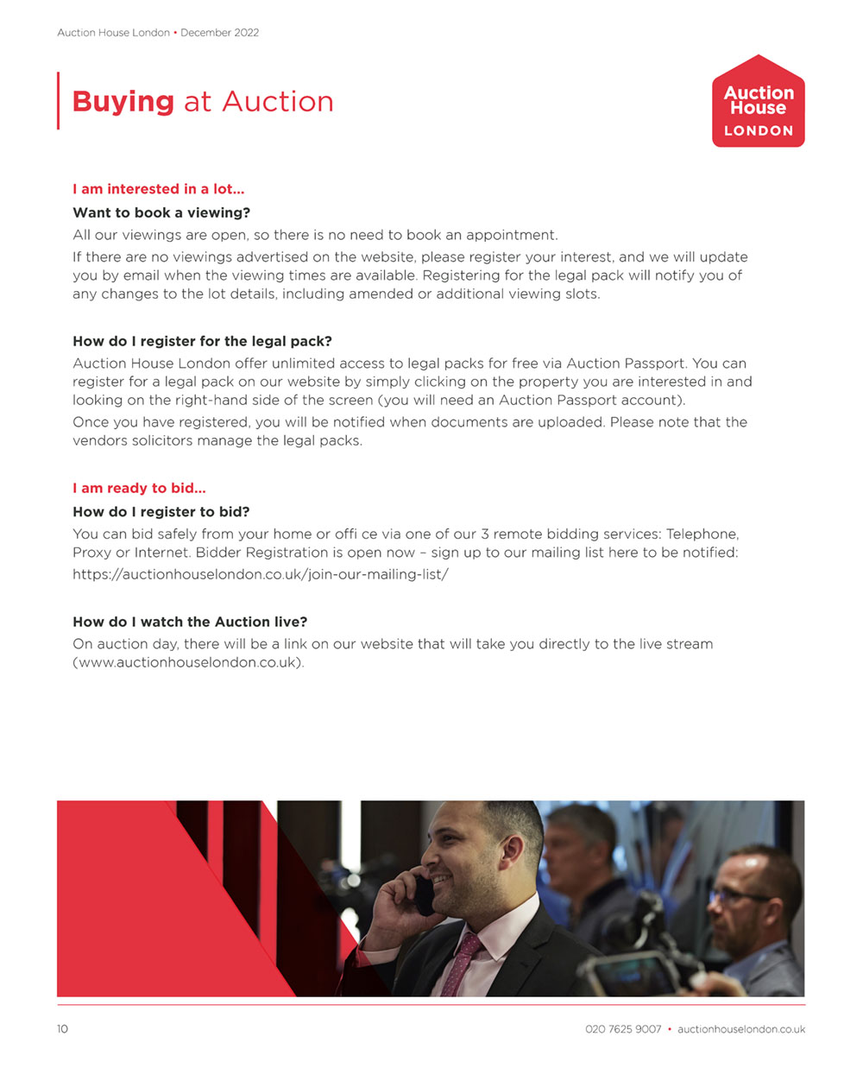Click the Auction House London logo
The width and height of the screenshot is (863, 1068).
coord(758,102)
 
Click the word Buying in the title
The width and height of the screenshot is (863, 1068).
coord(123,102)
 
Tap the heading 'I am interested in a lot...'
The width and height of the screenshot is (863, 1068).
coord(159,189)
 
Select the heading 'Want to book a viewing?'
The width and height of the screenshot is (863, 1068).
coord(161,212)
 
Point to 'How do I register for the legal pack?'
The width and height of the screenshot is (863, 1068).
coord(202,341)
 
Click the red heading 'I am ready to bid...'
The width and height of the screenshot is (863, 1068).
coord(139,488)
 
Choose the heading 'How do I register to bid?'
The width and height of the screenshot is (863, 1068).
coord(161,511)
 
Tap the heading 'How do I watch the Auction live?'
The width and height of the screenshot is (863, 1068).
coord(190,622)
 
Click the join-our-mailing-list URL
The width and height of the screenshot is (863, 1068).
coord(261,574)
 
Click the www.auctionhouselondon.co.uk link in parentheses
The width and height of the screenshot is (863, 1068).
coord(188,662)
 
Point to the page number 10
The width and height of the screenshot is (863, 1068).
coord(62,1029)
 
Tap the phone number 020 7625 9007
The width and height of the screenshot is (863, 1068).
coord(623,1029)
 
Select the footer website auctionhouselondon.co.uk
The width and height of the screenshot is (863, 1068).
coord(741,1029)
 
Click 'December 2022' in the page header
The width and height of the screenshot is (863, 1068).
coord(219,33)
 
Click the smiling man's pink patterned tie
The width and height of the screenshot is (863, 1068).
coord(462,962)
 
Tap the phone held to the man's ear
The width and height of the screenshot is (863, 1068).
coord(424,894)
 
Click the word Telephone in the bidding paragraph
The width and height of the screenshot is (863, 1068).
coord(702,534)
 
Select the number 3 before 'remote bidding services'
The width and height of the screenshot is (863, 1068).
coord(485,534)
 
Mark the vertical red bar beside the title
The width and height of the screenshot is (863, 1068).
coord(59,101)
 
